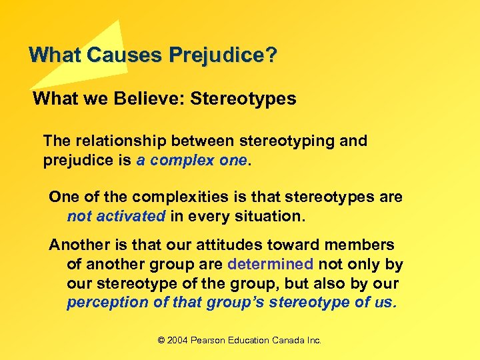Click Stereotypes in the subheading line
click(x=243, y=99)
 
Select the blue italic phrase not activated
click(x=116, y=216)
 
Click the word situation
click(x=267, y=216)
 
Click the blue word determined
click(x=270, y=264)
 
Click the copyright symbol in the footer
click(x=161, y=340)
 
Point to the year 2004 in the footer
click(x=177, y=340)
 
